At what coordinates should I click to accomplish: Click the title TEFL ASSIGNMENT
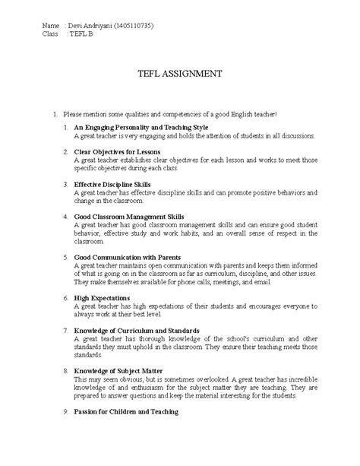click(179, 74)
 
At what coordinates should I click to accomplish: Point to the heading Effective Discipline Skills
click(112, 185)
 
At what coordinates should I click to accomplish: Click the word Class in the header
click(51, 36)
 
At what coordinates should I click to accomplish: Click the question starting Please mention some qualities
click(170, 113)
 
